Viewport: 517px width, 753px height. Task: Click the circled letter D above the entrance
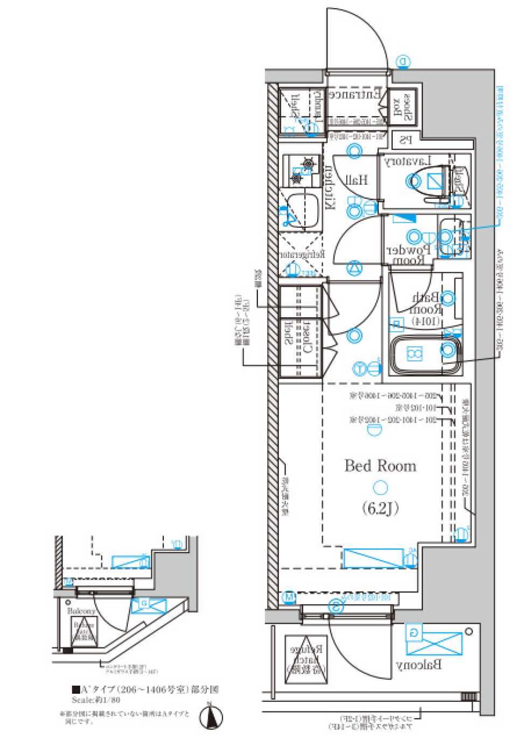403,62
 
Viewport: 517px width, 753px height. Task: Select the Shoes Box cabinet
402,107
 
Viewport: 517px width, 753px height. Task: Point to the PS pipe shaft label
406,141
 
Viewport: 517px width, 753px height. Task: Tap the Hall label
357,180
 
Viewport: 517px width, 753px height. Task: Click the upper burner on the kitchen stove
309,163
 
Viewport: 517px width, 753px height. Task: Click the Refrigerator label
302,254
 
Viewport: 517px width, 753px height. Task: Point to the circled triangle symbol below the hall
354,268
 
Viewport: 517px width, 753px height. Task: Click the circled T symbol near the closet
360,369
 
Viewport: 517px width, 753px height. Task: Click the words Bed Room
380,466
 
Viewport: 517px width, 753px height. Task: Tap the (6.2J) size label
380,508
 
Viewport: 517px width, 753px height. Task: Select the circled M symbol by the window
289,597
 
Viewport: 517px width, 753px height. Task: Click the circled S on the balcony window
336,606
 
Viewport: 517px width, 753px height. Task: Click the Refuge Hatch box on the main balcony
306,660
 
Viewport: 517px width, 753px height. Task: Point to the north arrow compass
211,717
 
